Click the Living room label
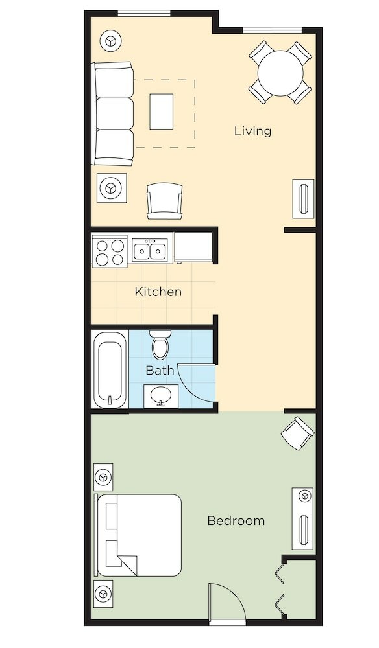253,132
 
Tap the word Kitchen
158,292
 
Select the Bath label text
160,370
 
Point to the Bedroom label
236,520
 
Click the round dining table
280,73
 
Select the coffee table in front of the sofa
162,111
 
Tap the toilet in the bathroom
160,345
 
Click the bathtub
110,370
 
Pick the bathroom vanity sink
161,396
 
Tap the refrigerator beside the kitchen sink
193,248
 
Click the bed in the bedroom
139,535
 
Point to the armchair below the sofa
164,202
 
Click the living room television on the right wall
303,199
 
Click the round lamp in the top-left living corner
110,41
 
